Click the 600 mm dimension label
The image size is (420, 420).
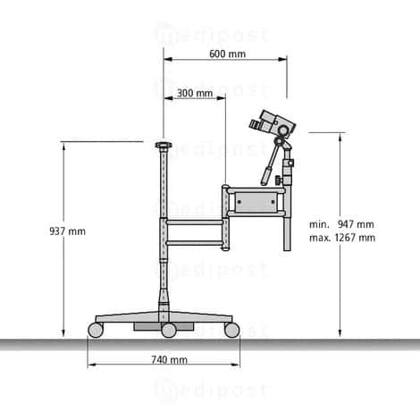[x=228, y=54]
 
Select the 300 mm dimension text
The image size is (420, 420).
[x=195, y=93]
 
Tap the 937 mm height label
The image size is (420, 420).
[x=68, y=231]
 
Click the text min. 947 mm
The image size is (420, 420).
[x=341, y=223]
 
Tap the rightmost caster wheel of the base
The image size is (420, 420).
[x=232, y=330]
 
